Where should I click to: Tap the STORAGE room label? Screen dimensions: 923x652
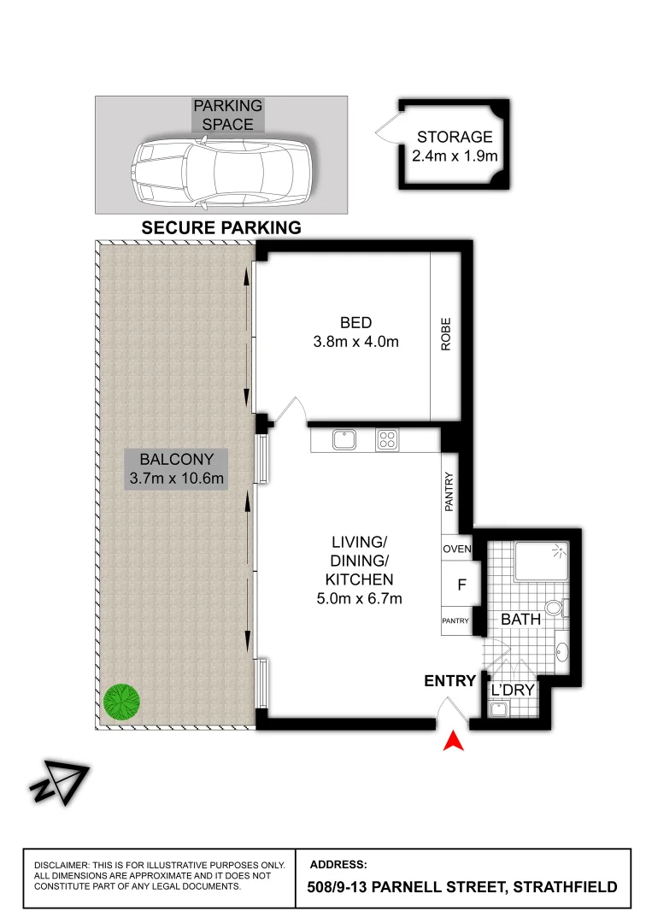(x=455, y=146)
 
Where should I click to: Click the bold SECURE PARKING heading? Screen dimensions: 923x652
(x=221, y=227)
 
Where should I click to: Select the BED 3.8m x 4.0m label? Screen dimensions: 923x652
(x=355, y=332)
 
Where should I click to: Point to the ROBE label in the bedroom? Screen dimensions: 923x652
(x=445, y=335)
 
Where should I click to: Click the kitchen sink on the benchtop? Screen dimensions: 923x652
(x=344, y=439)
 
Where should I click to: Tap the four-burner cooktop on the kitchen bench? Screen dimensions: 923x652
(x=387, y=439)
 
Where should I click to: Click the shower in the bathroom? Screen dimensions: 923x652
(x=541, y=561)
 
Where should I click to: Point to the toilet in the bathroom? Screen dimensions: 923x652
(x=555, y=608)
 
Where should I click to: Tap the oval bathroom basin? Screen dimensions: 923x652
(x=562, y=654)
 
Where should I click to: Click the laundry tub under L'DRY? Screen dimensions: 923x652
(x=499, y=708)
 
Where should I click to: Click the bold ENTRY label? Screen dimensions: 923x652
(x=449, y=681)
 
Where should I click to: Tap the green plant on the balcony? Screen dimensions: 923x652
(x=121, y=701)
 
